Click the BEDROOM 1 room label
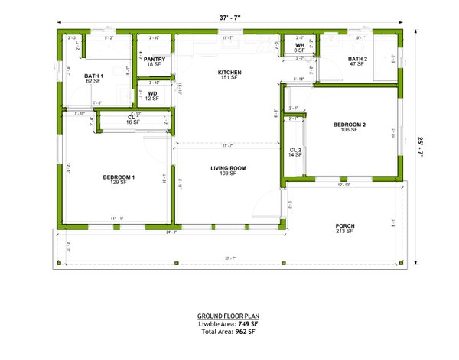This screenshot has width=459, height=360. pyautogui.click(x=119, y=177)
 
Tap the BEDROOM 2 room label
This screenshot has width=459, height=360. pyautogui.click(x=350, y=125)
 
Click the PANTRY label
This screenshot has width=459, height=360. pyautogui.click(x=154, y=59)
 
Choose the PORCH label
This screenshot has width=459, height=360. pyautogui.click(x=345, y=225)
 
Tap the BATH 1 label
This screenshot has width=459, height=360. pyautogui.click(x=94, y=76)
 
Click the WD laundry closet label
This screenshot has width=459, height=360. pyautogui.click(x=153, y=93)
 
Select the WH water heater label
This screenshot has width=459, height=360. pyautogui.click(x=300, y=46)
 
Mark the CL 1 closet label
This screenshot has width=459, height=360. pyautogui.click(x=133, y=117)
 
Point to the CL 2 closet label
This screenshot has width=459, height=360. pyautogui.click(x=295, y=150)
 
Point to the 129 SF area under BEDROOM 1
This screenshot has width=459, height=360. pyautogui.click(x=119, y=183)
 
